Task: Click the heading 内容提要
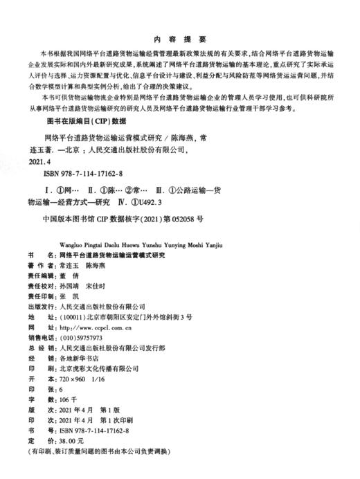(x=179, y=39)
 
